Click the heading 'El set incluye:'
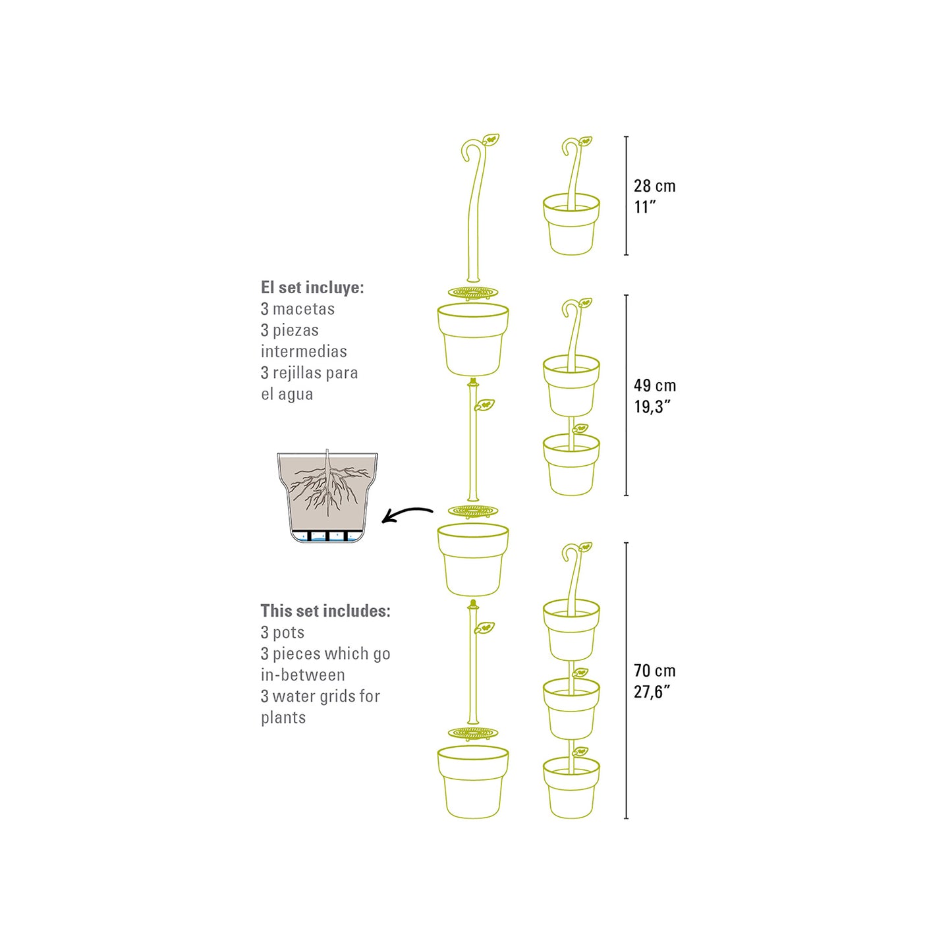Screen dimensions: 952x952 (x=312, y=287)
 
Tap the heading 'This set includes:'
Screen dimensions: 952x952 (x=325, y=611)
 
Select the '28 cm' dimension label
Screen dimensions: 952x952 (x=655, y=186)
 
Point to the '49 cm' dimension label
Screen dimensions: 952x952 (x=655, y=385)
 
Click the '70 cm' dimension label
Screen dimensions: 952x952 (x=655, y=671)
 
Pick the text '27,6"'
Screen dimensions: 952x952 (x=652, y=692)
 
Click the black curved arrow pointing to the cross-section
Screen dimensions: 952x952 (x=408, y=515)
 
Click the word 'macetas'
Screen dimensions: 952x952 (x=303, y=309)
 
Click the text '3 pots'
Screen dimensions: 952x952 (x=283, y=632)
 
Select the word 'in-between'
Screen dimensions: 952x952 (x=303, y=675)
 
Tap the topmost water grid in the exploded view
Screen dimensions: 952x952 (x=473, y=293)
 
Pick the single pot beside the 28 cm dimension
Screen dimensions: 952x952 (x=571, y=224)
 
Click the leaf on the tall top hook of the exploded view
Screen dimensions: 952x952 (x=491, y=139)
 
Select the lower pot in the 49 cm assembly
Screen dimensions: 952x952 (x=571, y=464)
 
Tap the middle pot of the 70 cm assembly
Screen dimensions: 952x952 (x=571, y=708)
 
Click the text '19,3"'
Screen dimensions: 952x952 (x=652, y=406)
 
